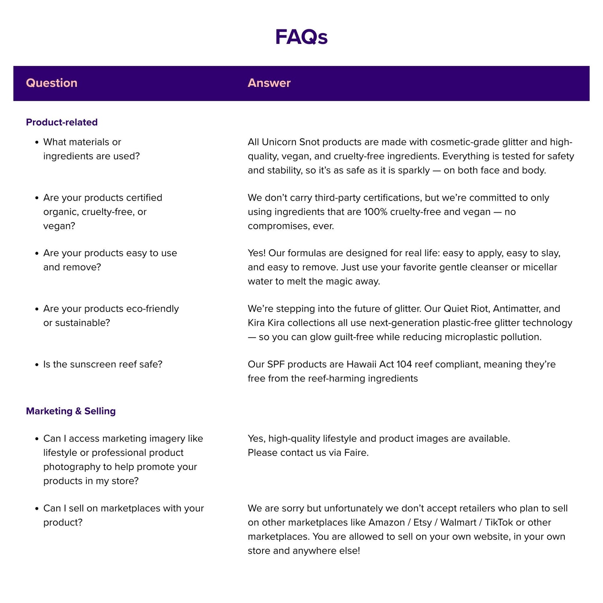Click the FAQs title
(x=301, y=37)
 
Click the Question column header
(x=51, y=83)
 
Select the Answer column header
(x=269, y=83)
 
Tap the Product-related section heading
(x=62, y=122)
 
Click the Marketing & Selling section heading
(x=71, y=411)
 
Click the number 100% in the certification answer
(x=375, y=212)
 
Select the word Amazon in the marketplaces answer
(x=386, y=523)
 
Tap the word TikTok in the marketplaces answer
(x=498, y=523)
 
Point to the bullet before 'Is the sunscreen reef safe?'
(x=37, y=365)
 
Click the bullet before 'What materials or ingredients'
(x=37, y=142)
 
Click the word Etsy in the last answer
(x=422, y=523)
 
